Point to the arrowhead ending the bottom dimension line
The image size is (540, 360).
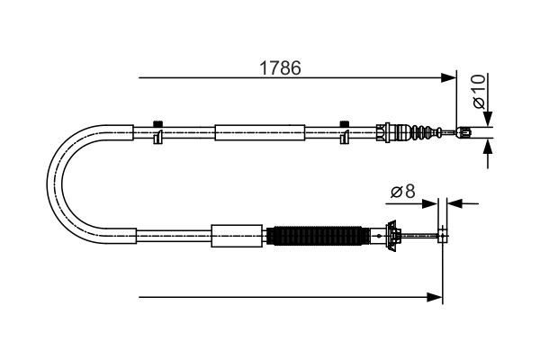point(437,295)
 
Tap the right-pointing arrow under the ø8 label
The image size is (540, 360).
point(430,202)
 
